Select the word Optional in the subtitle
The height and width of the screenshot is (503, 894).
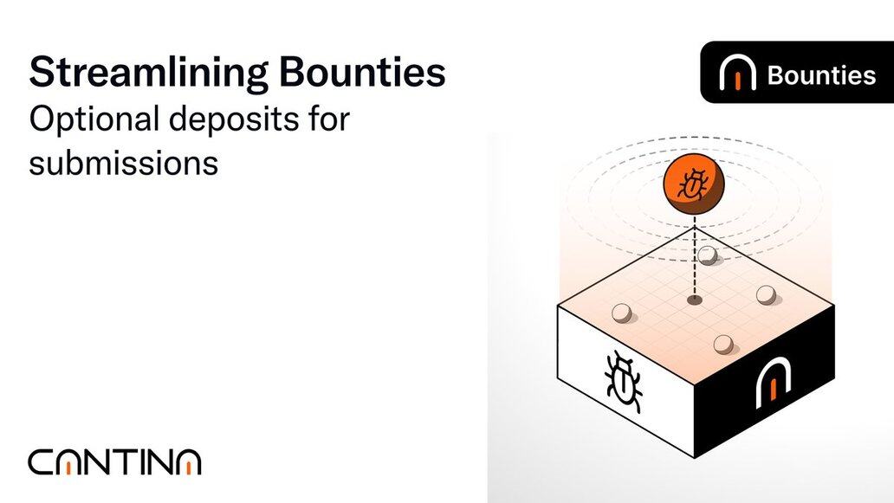(x=90, y=119)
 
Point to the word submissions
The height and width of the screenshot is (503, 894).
(x=123, y=161)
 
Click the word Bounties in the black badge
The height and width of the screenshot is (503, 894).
(x=821, y=75)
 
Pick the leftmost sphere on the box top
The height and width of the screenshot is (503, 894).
(x=621, y=313)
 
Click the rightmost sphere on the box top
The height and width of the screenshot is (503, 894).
(x=765, y=295)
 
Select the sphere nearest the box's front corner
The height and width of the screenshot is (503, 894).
(x=722, y=344)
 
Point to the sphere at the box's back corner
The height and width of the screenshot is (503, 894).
(x=709, y=255)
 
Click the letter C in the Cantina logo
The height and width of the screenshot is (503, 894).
(x=42, y=462)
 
